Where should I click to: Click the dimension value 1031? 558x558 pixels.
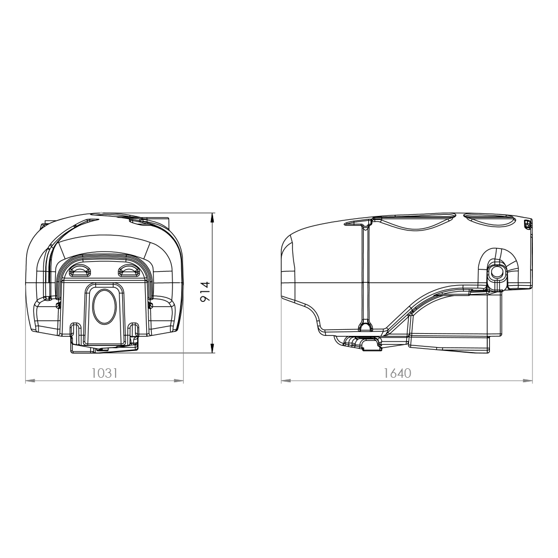point(104,373)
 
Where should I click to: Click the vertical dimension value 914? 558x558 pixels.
point(205,291)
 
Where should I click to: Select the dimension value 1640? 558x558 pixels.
point(397,373)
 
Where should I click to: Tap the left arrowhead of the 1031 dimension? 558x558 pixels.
point(30,381)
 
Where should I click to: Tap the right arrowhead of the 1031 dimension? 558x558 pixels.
point(179,381)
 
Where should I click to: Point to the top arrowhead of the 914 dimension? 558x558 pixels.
point(213,218)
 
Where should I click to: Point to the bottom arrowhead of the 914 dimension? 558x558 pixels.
point(213,348)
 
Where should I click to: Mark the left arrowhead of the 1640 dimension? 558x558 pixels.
point(286,381)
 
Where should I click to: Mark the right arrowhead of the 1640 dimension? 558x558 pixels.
point(528,381)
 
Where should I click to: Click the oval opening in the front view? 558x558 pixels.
point(104,306)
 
